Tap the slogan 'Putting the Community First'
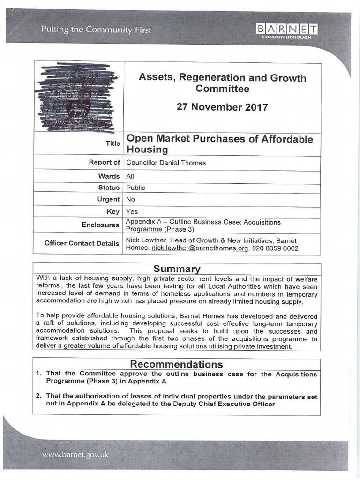coord(96,30)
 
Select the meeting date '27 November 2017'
coord(222,107)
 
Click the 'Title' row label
coord(113,144)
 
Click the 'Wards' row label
coord(109,176)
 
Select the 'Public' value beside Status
coord(135,187)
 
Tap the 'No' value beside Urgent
coord(130,199)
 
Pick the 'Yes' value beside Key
coord(132,211)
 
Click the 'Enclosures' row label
coord(100,225)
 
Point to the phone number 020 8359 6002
coord(275,248)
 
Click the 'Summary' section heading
coord(177,269)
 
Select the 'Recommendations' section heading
coord(176,364)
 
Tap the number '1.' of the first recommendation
coord(39,374)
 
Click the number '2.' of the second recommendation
coord(39,396)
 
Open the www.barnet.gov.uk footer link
coord(75,454)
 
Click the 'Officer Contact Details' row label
coord(82,243)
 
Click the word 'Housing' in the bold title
coord(147,150)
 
